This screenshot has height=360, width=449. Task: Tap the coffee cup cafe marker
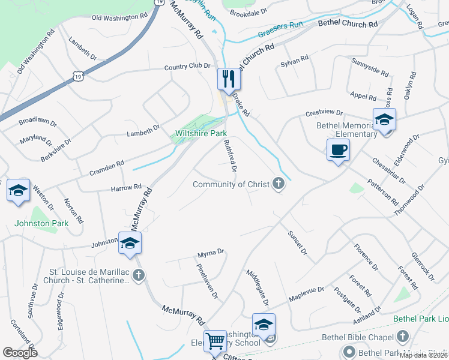click(338, 149)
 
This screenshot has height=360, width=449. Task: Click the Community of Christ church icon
click(278, 184)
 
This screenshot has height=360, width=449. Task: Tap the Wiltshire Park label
click(200, 133)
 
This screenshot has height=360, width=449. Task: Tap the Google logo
click(20, 353)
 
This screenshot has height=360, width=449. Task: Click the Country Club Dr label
click(188, 67)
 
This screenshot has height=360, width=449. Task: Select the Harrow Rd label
click(126, 187)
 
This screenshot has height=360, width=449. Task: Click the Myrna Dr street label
click(211, 253)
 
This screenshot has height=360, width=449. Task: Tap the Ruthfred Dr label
click(230, 154)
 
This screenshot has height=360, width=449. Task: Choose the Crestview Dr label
click(324, 113)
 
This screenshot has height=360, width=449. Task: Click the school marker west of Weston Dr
click(18, 190)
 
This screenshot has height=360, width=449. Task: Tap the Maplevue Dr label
click(306, 293)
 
